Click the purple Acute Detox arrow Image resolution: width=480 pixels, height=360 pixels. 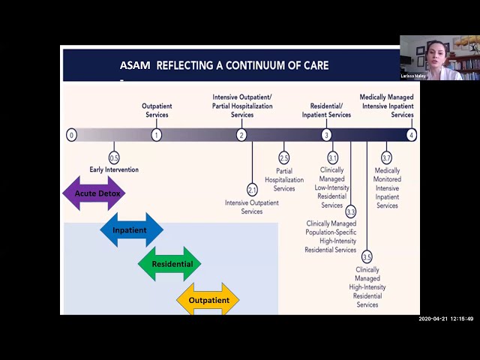(94, 193)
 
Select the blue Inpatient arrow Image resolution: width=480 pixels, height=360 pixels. (130, 230)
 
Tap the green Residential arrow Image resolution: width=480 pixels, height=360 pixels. (169, 264)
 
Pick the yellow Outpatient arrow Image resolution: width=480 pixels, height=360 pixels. (208, 300)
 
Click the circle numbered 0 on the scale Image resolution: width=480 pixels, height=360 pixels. (71, 135)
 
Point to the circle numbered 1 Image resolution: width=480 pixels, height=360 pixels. (156, 135)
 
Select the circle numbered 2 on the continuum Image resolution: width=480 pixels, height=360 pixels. (241, 135)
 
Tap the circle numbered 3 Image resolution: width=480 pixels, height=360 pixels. (326, 135)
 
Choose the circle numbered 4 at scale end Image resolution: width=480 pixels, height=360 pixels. (411, 135)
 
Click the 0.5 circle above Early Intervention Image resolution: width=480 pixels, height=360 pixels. (114, 157)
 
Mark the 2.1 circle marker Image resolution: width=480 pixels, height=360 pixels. (252, 190)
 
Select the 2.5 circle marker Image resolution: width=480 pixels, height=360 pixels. (283, 157)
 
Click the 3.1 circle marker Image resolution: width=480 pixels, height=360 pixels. (332, 157)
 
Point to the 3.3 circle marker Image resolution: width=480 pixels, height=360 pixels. (350, 212)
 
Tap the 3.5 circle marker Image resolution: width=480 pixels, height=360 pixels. (367, 257)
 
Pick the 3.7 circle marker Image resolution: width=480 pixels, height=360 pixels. (386, 157)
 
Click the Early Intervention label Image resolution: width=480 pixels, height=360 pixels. (114, 170)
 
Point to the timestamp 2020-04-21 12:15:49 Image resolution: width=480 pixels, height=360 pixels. (445, 319)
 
